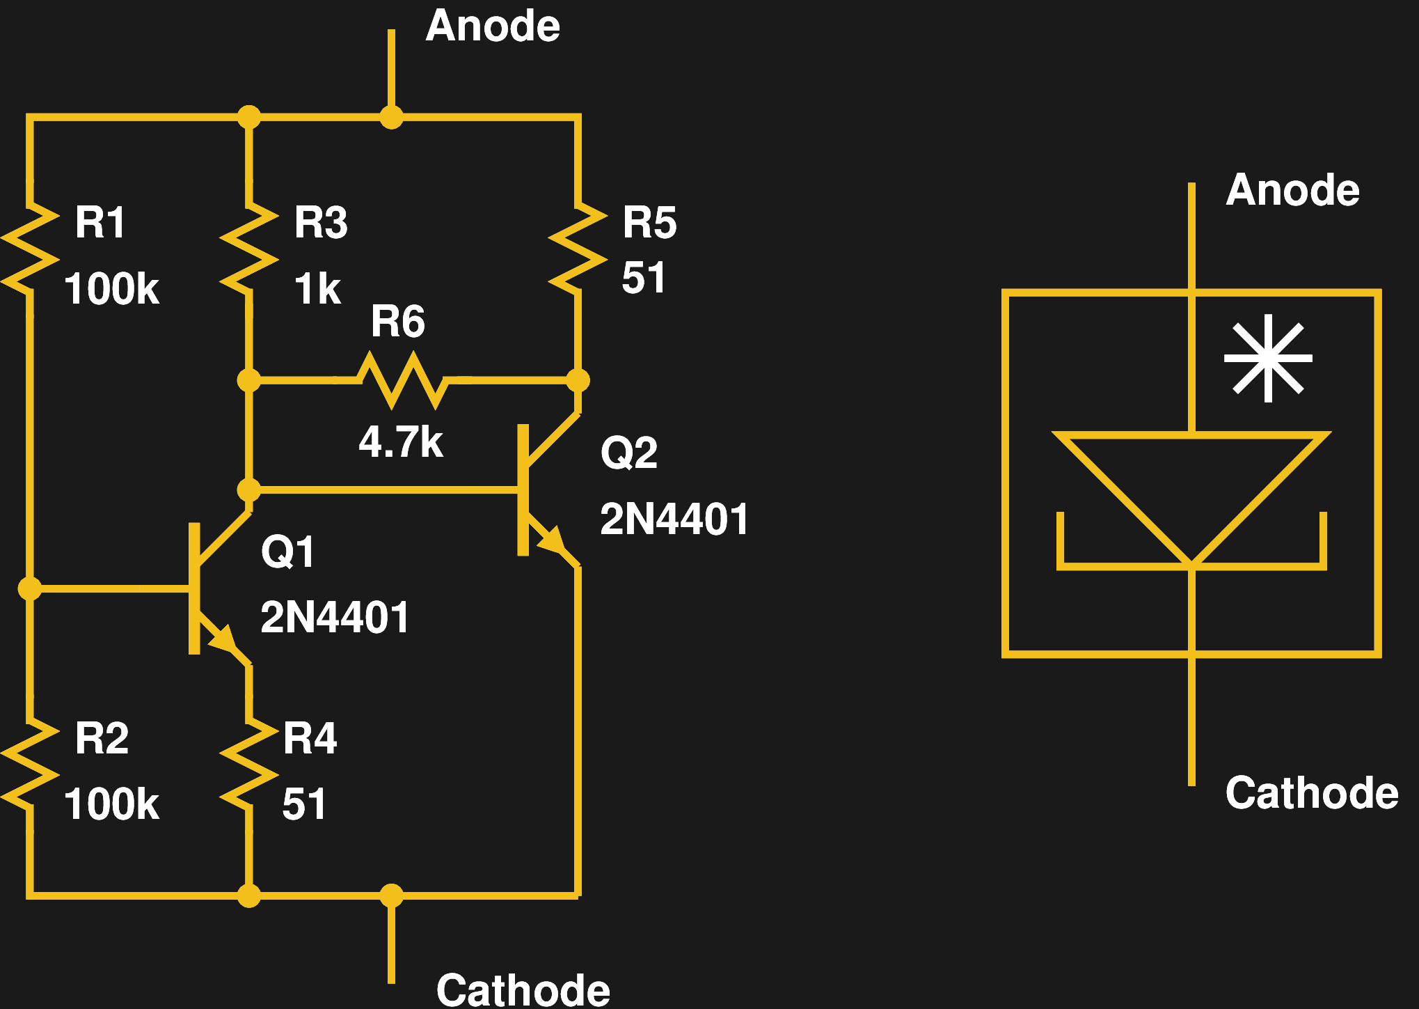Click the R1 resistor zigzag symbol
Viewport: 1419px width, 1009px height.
[30, 249]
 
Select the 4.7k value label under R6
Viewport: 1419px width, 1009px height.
[401, 442]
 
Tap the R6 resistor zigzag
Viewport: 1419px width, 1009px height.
[402, 380]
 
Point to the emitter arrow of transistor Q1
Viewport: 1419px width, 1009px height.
[224, 638]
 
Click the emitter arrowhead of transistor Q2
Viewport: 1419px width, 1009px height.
[553, 540]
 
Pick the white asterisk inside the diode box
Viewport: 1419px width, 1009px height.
[1268, 358]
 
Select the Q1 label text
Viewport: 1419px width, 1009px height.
[287, 552]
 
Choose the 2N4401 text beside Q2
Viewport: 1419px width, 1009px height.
[674, 519]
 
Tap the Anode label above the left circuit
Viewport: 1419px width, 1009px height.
[493, 26]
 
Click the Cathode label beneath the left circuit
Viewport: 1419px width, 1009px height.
[523, 990]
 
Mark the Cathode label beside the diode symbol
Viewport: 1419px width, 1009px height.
[1311, 793]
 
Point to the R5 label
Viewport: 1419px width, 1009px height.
[649, 223]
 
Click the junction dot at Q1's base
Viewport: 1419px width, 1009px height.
[30, 588]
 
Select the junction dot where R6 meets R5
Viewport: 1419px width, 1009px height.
[578, 380]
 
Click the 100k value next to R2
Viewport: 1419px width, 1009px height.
[111, 804]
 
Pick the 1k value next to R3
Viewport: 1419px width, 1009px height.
[317, 289]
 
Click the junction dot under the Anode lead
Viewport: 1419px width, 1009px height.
[391, 117]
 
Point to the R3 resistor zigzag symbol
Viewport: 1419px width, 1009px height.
[249, 249]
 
